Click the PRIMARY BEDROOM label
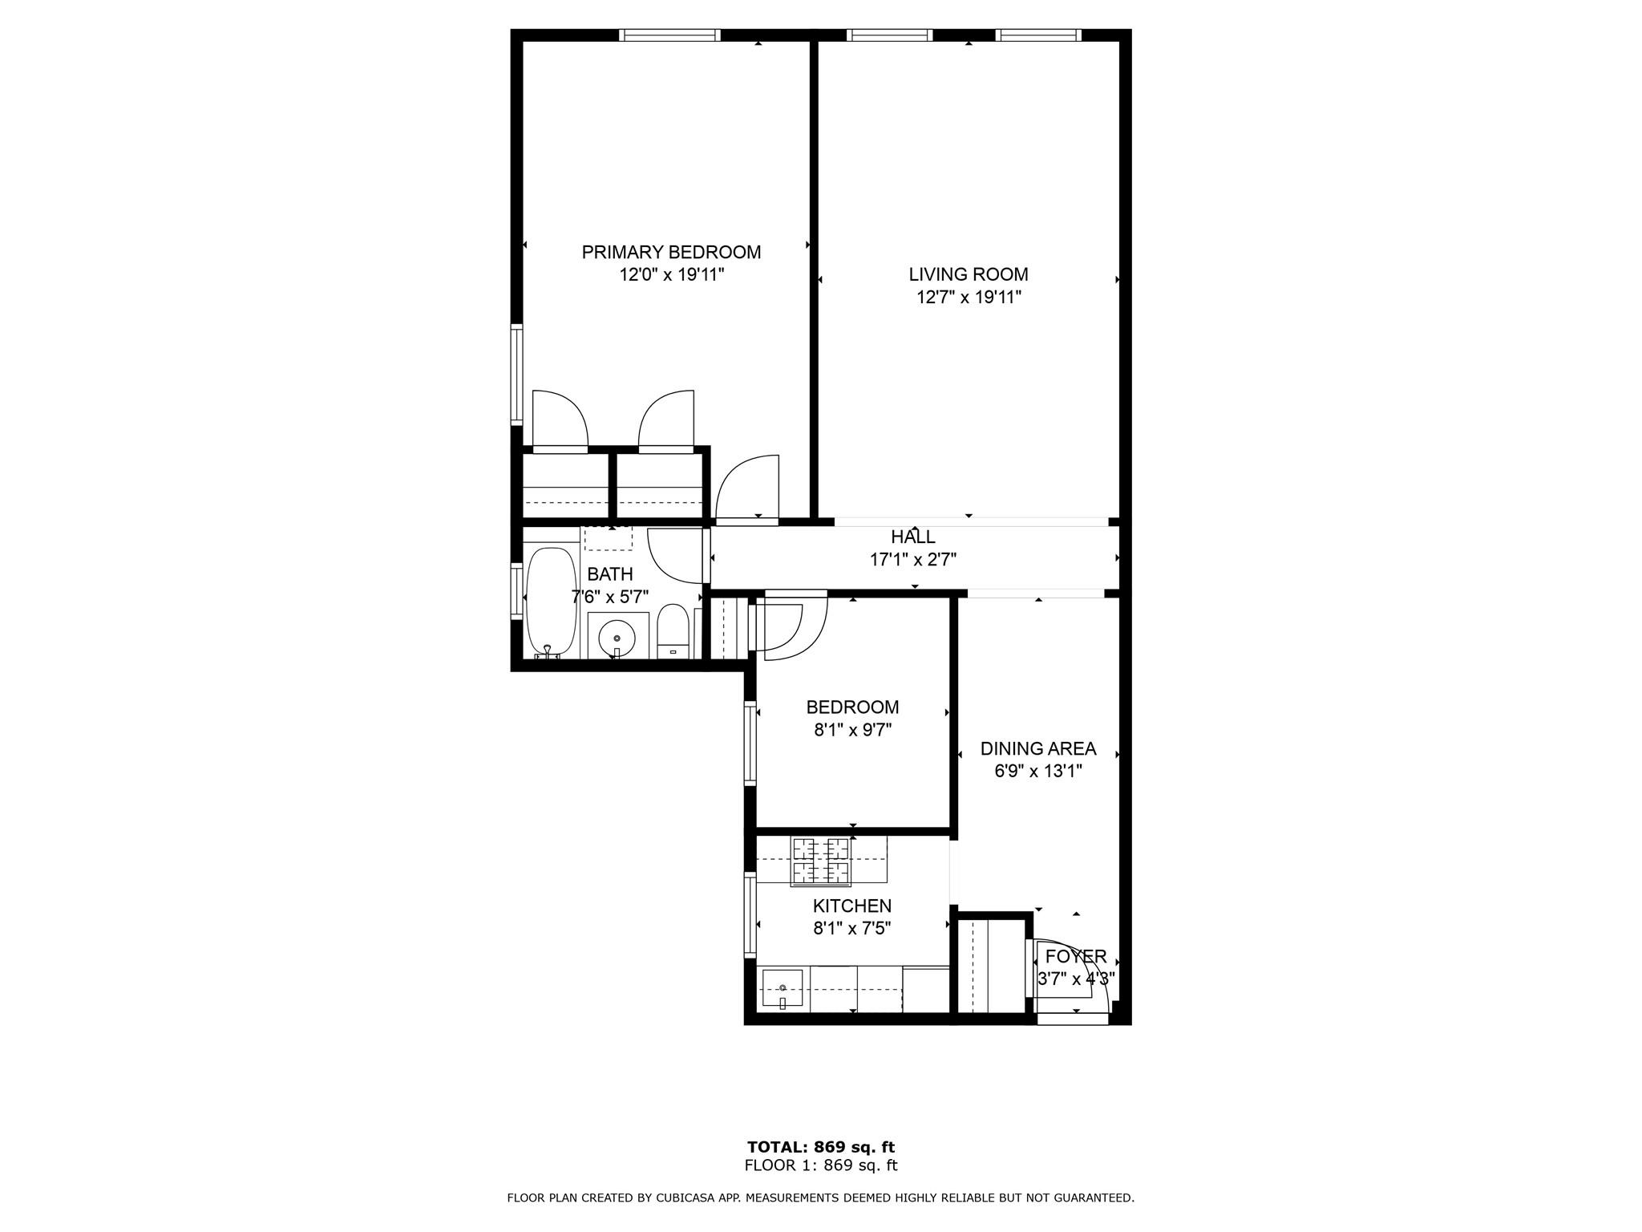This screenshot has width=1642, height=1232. tap(671, 252)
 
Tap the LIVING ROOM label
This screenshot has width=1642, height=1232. tap(968, 274)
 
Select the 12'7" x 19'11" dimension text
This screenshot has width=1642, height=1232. tap(969, 298)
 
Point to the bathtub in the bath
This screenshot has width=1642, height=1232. tap(551, 602)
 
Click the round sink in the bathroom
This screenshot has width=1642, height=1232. tap(617, 638)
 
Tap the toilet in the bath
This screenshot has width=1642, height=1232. tap(673, 631)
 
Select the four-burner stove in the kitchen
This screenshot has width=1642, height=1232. tap(821, 861)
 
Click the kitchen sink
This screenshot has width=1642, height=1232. tap(782, 990)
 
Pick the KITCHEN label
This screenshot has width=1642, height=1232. tap(851, 906)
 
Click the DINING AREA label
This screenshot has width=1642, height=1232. tap(1037, 749)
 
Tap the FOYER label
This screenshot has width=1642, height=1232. tap(1075, 956)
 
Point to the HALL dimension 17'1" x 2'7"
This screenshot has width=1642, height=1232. tap(913, 560)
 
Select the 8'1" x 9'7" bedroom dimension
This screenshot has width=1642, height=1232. tap(852, 730)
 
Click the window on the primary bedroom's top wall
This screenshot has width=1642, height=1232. tap(670, 34)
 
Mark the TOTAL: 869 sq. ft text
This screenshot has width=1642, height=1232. tap(820, 1147)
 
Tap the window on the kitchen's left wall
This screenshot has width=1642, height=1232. tap(750, 914)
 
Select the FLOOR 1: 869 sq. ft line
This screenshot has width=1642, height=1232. tap(820, 1165)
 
